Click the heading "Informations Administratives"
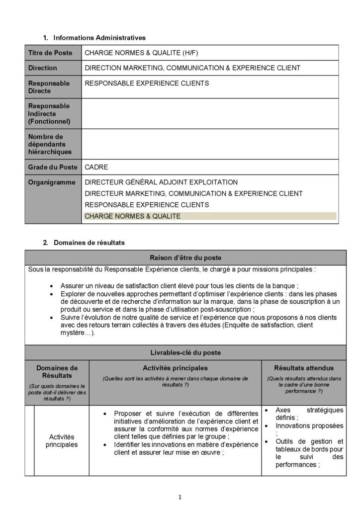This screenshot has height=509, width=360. pyautogui.click(x=99, y=37)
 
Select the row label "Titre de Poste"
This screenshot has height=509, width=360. pyautogui.click(x=50, y=53)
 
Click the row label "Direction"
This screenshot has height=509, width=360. pyautogui.click(x=43, y=68)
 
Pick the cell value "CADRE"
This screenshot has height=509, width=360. pyautogui.click(x=96, y=167)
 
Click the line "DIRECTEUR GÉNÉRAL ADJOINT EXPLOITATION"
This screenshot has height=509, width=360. pyautogui.click(x=161, y=182)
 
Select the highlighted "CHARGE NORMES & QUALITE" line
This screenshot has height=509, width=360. pyautogui.click(x=133, y=216)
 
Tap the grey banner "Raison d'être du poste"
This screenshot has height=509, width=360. pyautogui.click(x=186, y=257)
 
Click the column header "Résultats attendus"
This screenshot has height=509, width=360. pyautogui.click(x=304, y=368)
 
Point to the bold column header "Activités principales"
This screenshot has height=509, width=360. pyautogui.click(x=175, y=368)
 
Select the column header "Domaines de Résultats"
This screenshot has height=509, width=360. pyautogui.click(x=57, y=371)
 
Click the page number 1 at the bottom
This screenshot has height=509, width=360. pyautogui.click(x=180, y=497)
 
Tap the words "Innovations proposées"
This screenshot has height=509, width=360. pyautogui.click(x=308, y=426)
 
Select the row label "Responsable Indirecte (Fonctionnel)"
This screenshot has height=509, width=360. pyautogui.click(x=49, y=113)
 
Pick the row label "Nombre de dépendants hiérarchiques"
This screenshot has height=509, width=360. pyautogui.click(x=50, y=144)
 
